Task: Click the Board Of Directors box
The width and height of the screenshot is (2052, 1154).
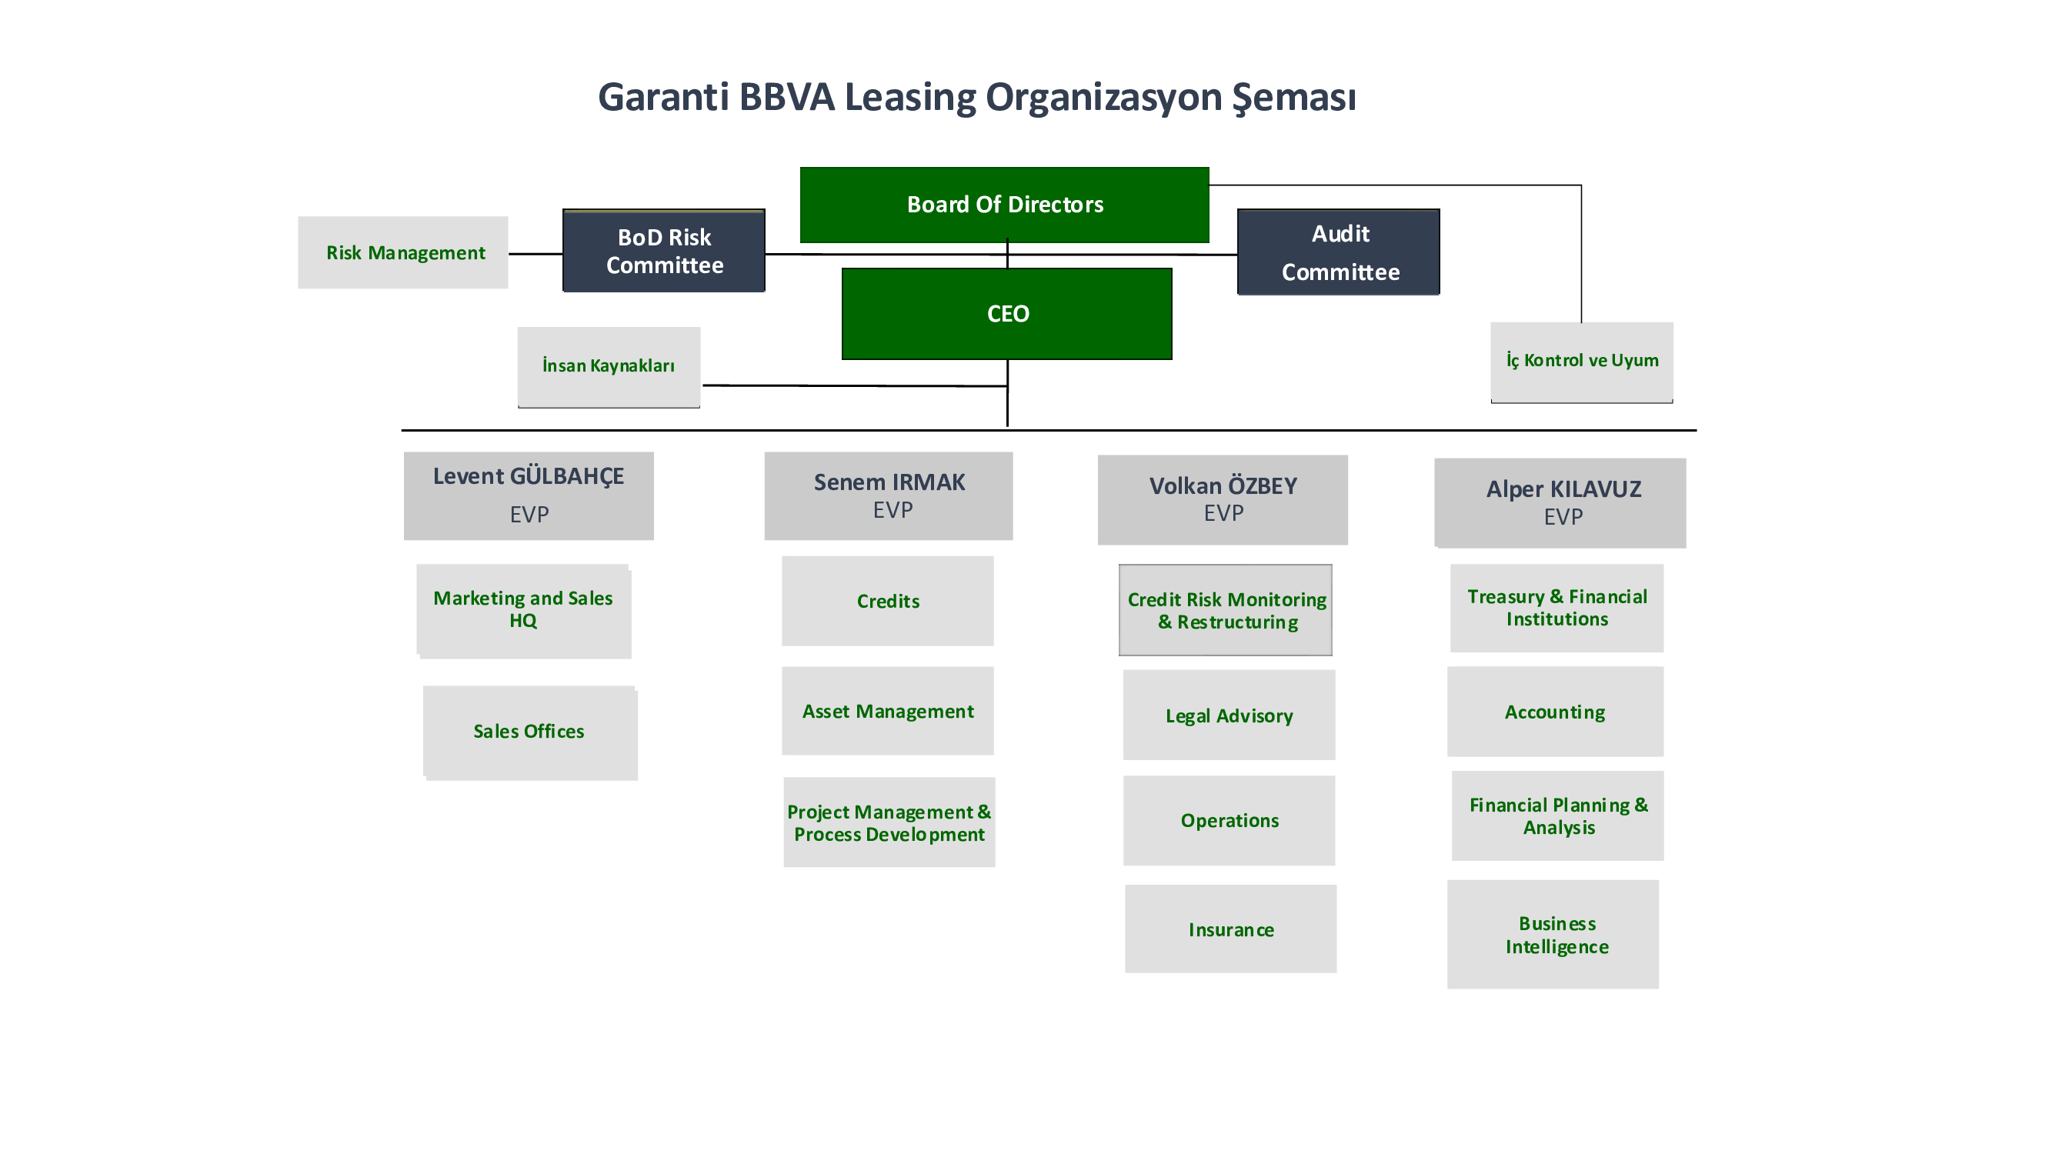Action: pyautogui.click(x=1005, y=205)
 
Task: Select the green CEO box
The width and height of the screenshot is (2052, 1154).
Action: pyautogui.click(x=1007, y=314)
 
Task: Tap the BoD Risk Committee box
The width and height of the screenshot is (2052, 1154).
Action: pyautogui.click(x=663, y=251)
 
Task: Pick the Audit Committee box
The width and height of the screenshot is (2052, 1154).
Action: pyautogui.click(x=1338, y=252)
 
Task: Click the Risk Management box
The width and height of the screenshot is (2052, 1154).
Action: pyautogui.click(x=403, y=252)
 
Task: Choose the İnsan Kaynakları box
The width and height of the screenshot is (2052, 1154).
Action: pyautogui.click(x=609, y=367)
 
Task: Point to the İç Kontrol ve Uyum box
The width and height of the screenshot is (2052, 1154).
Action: pyautogui.click(x=1582, y=362)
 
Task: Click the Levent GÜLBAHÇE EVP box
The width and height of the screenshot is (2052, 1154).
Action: pyautogui.click(x=529, y=496)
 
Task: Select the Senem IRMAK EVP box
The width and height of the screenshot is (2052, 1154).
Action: pyautogui.click(x=889, y=496)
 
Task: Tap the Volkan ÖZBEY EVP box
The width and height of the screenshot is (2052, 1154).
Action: pyautogui.click(x=1223, y=500)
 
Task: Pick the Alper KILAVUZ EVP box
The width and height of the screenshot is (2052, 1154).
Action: pyautogui.click(x=1560, y=503)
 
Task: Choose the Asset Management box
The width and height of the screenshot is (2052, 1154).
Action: pyautogui.click(x=888, y=711)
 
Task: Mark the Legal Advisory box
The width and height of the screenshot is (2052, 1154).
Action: pyautogui.click(x=1230, y=715)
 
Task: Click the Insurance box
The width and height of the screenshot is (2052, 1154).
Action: pyautogui.click(x=1231, y=929)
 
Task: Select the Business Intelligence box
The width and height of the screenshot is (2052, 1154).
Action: pyautogui.click(x=1553, y=934)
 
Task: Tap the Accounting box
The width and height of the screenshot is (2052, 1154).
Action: pyautogui.click(x=1556, y=711)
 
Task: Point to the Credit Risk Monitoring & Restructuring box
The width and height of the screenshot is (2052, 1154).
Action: pyautogui.click(x=1225, y=610)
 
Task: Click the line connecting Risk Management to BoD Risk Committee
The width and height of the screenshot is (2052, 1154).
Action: pyautogui.click(x=536, y=254)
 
